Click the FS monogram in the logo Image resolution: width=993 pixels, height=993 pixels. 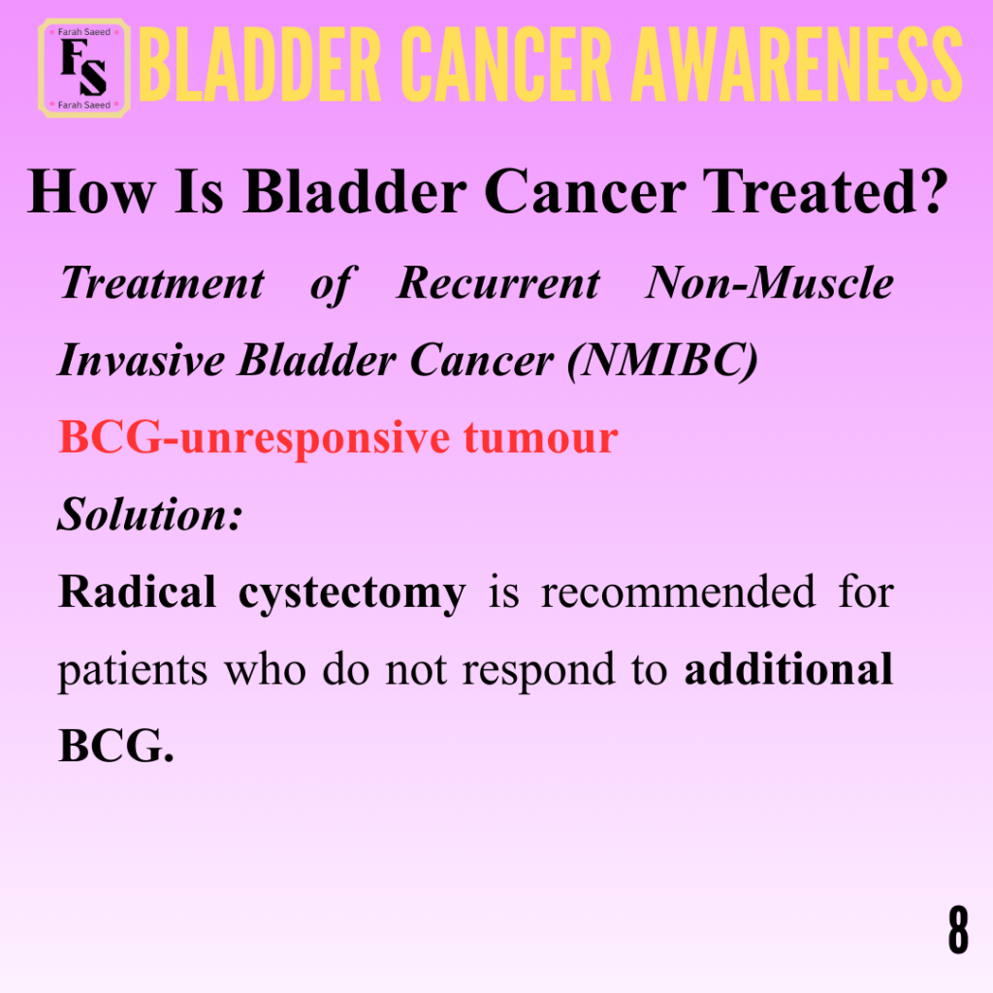pos(83,67)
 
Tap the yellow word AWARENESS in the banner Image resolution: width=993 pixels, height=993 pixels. pos(797,64)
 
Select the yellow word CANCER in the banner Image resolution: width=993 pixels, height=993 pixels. pos(506,64)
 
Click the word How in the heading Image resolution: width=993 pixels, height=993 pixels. pos(91,192)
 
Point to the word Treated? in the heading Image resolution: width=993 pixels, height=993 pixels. pos(825,192)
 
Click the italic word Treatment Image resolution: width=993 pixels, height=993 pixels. pos(162,282)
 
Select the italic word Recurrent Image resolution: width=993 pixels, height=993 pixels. pos(498,282)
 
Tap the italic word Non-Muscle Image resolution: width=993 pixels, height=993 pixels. pos(769,282)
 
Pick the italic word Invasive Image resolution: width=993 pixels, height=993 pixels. pos(142,361)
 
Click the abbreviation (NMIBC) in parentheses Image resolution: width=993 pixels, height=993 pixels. pos(662,361)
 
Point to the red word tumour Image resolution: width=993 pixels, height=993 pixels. pos(541,437)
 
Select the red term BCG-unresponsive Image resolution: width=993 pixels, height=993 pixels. pos(255,438)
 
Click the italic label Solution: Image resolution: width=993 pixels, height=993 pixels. pos(150,514)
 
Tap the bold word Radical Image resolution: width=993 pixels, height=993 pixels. pos(138,592)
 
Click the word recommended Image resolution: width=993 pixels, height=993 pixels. pos(678,593)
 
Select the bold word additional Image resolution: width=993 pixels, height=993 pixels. pos(789,669)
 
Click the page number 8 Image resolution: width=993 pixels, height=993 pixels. pos(958,929)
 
